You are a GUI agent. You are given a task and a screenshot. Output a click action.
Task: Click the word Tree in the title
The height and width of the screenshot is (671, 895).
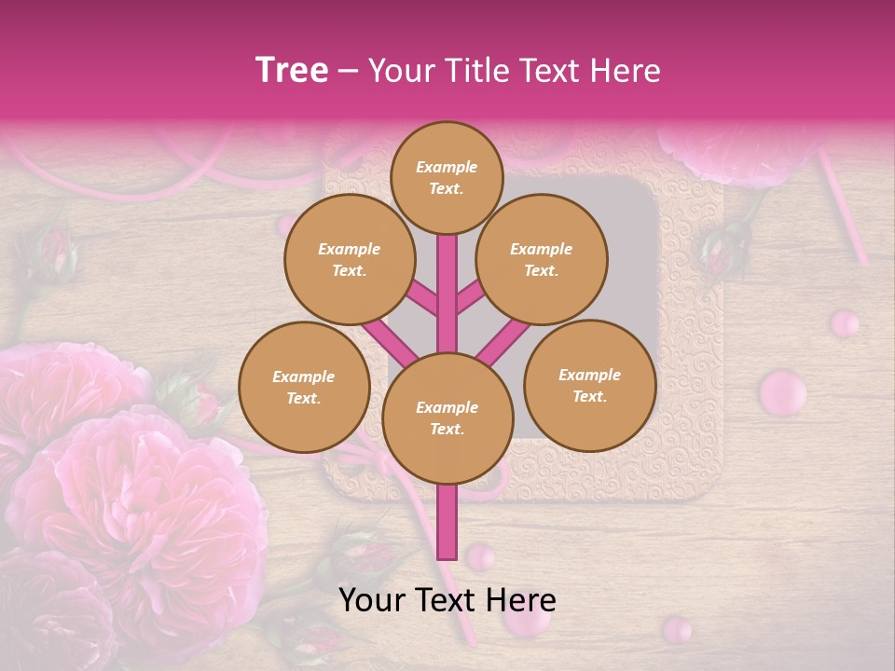(292, 70)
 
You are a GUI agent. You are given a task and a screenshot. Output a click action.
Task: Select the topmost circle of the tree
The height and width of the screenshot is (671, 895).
(447, 177)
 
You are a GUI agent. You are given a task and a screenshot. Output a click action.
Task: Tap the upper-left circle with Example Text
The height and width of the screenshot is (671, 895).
(349, 260)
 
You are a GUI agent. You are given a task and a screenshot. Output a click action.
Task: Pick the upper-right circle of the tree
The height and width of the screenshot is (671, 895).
(541, 260)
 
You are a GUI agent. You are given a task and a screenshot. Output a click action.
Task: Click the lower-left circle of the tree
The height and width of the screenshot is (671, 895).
(304, 387)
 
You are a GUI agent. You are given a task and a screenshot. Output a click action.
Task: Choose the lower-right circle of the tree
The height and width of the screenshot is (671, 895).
(589, 385)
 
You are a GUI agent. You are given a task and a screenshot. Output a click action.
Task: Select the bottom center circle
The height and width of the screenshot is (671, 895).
(447, 418)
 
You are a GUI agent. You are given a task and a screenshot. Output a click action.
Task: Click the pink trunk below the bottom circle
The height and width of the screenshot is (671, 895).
(447, 522)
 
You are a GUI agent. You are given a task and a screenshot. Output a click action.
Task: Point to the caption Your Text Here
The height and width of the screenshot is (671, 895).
(447, 600)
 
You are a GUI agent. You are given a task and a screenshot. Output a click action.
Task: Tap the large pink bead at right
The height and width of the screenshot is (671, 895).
(782, 392)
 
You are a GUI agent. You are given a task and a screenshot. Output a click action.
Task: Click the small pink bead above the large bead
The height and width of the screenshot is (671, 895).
(845, 323)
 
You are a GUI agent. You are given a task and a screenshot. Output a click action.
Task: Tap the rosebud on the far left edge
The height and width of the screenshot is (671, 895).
(51, 252)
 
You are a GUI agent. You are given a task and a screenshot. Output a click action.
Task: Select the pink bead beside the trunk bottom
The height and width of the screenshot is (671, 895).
(480, 557)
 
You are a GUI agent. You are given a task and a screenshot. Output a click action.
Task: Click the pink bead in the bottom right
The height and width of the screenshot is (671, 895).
(678, 630)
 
